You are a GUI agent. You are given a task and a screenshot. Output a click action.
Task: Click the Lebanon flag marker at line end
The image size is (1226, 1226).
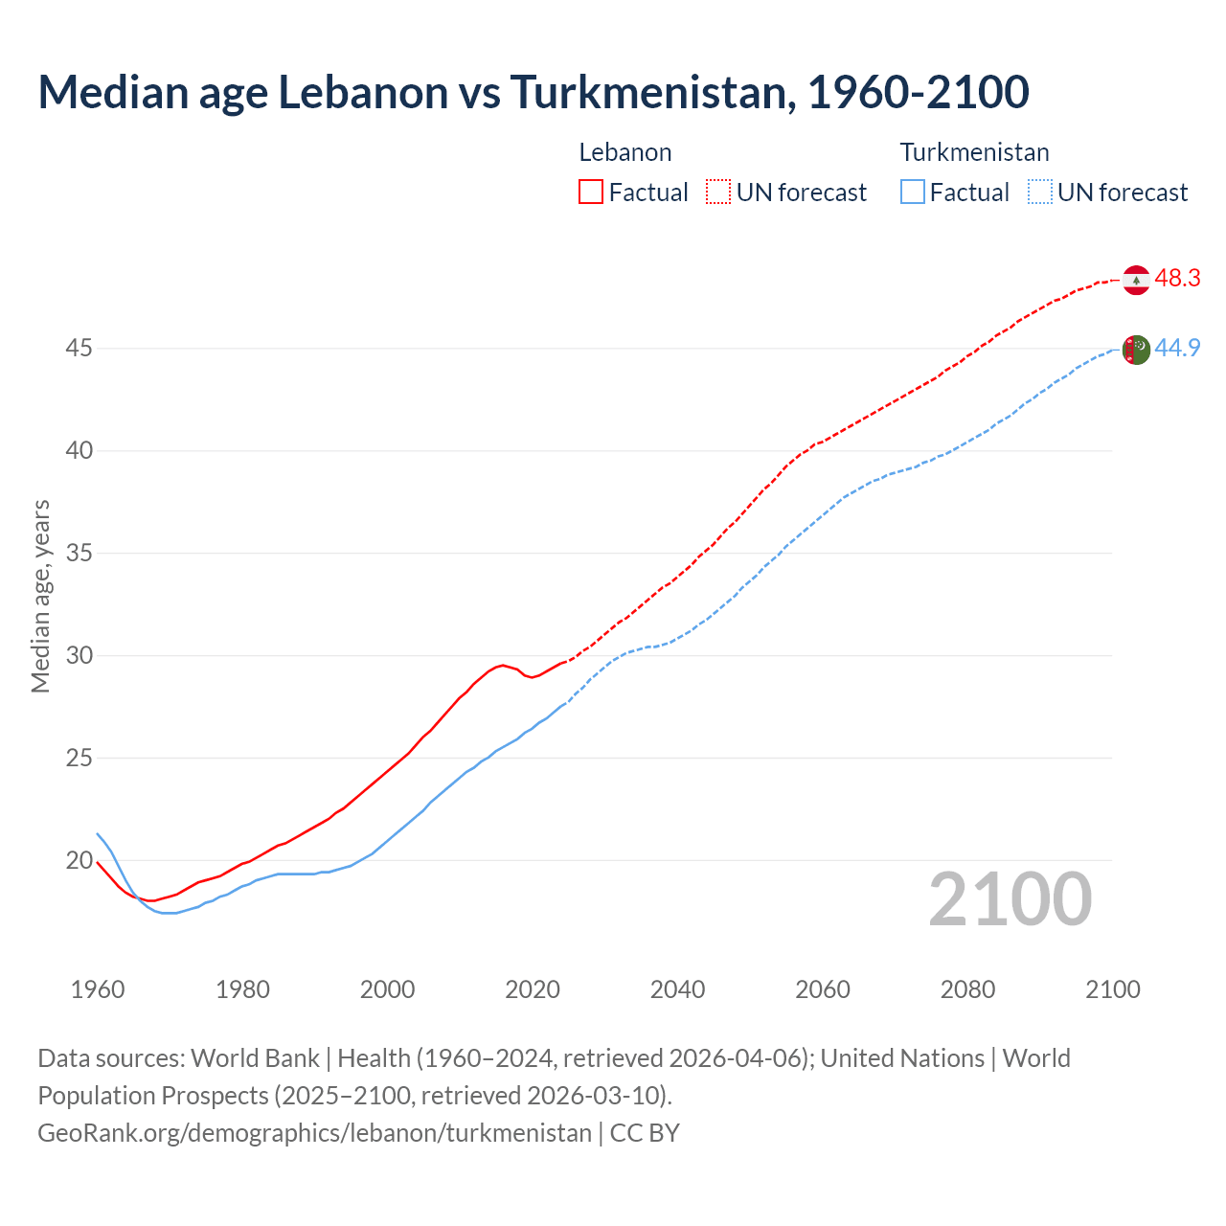(x=1136, y=280)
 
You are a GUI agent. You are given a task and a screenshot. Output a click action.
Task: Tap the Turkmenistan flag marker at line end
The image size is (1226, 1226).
(x=1136, y=350)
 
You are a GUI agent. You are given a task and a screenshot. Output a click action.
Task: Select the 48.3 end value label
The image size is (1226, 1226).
(x=1177, y=279)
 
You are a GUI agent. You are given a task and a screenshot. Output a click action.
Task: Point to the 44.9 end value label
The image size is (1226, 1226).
(x=1177, y=349)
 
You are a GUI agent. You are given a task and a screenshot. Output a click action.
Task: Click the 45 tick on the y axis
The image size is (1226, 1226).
(x=79, y=349)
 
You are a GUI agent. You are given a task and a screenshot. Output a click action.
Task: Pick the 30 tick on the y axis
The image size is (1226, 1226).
(x=79, y=656)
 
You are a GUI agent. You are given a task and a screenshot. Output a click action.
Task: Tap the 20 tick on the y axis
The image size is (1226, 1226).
(x=79, y=861)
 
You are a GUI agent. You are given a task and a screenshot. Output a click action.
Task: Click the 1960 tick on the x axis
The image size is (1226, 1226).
(x=98, y=989)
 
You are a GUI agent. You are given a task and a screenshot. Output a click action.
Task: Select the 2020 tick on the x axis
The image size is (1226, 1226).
(x=533, y=989)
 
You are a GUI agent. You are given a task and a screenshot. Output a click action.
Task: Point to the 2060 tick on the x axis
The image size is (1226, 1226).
(x=823, y=989)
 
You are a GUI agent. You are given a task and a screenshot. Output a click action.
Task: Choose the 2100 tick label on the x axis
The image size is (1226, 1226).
(x=1113, y=989)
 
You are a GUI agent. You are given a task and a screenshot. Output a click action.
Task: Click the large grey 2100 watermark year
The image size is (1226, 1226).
(x=1010, y=899)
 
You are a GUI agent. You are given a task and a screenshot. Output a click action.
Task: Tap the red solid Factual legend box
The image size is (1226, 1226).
(x=591, y=193)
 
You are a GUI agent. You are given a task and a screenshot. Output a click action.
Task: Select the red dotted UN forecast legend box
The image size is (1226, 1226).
(x=718, y=193)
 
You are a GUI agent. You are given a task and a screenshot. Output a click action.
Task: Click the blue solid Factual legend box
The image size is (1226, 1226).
(x=913, y=193)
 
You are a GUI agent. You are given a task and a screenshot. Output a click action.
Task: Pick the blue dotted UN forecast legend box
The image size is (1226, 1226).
(x=1040, y=193)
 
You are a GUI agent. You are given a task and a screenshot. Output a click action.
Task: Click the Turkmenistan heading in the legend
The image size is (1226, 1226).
(x=974, y=153)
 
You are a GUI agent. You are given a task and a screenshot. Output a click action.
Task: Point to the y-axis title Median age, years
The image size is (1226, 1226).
(x=40, y=596)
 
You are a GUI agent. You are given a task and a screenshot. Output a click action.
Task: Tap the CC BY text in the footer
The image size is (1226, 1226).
(x=645, y=1133)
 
